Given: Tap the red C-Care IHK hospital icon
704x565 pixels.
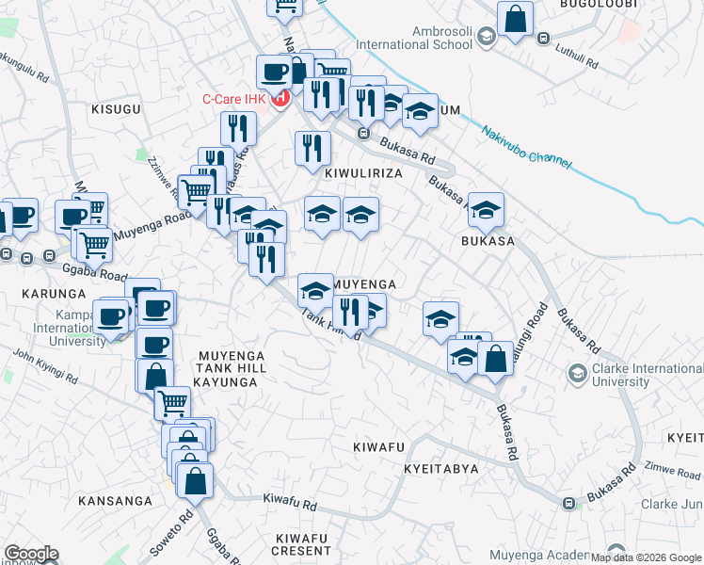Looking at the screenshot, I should point(280,98).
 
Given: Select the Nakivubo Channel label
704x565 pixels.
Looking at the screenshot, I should point(526,148).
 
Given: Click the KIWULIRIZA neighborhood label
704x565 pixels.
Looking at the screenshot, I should point(363,174).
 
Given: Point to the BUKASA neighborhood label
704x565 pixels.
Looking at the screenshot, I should point(488,241).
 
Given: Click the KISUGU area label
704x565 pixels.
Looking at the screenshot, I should point(116,109).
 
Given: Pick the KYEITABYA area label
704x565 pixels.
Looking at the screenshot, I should point(441,468).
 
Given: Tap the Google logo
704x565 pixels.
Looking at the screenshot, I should point(31,554).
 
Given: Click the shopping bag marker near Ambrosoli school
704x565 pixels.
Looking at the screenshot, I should point(516,19).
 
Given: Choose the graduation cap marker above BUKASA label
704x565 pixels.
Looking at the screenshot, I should point(487,211).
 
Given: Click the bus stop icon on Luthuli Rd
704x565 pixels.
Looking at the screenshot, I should point(543,39).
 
